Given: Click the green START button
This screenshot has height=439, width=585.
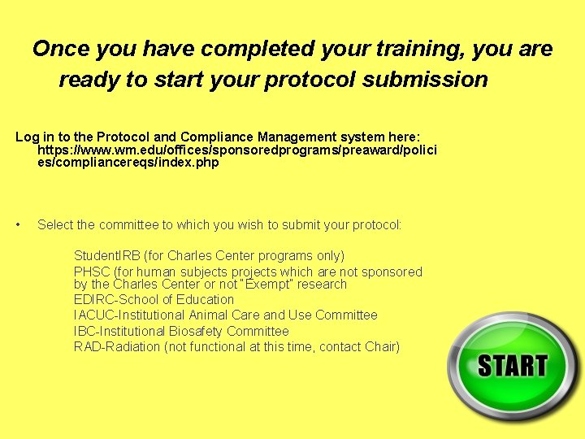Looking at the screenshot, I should pos(513,366).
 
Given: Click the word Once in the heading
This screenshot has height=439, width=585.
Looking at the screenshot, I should pos(61,50).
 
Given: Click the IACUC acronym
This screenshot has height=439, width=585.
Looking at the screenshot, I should pos(93,315).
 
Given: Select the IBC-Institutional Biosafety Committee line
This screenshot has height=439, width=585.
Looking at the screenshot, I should pos(181,331).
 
